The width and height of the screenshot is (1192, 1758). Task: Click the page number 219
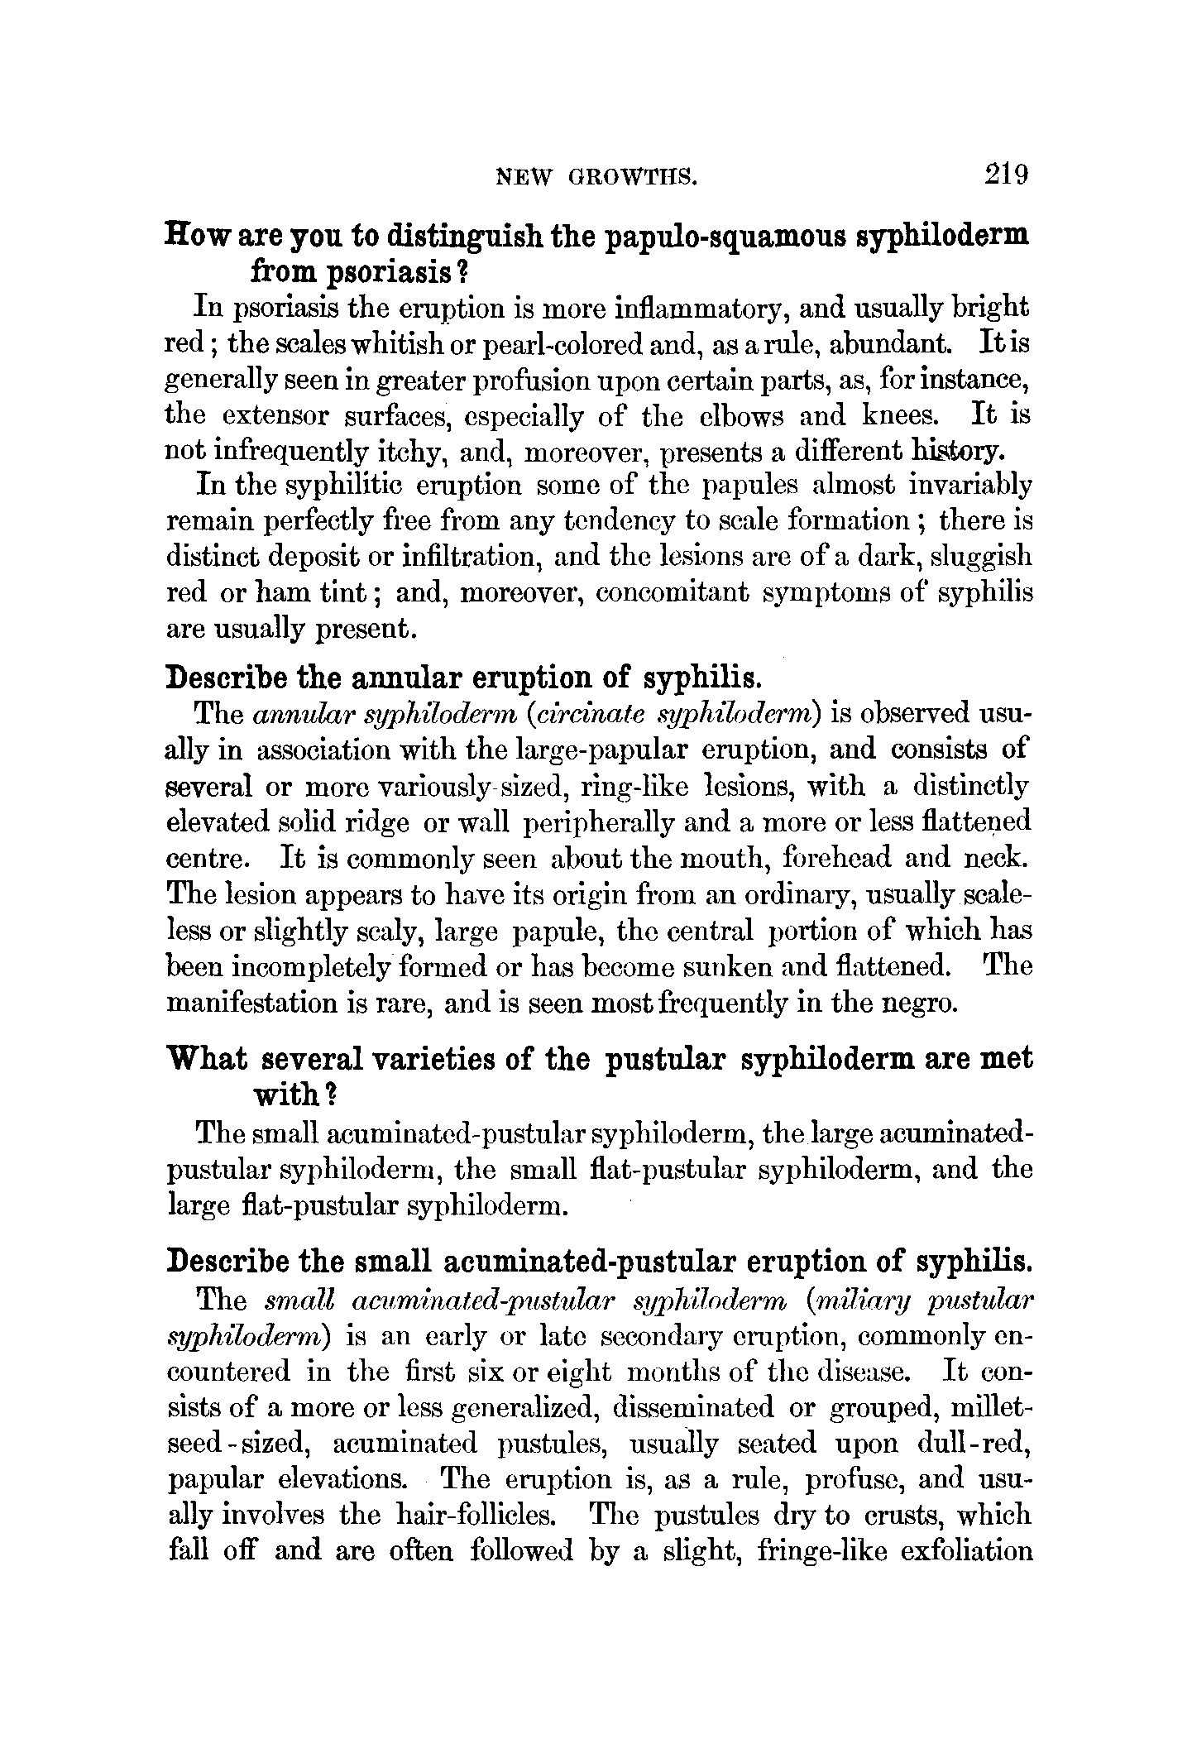[x=1005, y=175]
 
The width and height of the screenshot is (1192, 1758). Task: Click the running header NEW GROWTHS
[x=596, y=177]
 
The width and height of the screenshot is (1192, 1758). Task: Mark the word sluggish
[x=981, y=558]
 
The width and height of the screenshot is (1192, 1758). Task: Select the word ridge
[x=377, y=823]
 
